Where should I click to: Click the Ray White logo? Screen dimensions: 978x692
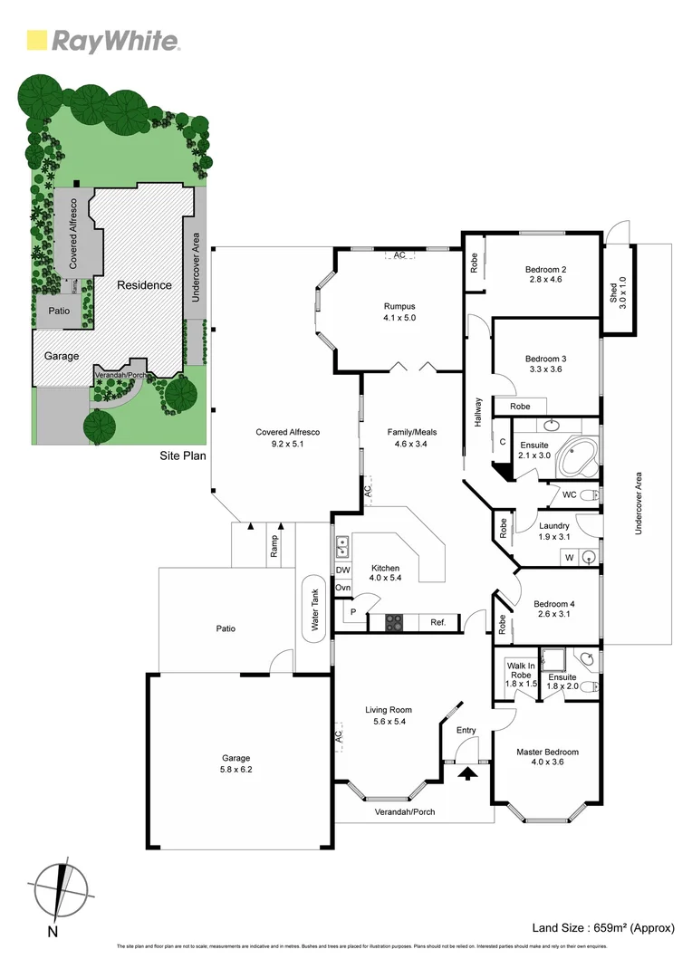[x=102, y=40]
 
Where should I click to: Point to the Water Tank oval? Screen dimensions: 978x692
[x=315, y=608]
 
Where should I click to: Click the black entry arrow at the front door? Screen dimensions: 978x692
[x=467, y=772]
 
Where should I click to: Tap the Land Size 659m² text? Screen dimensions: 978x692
[x=605, y=927]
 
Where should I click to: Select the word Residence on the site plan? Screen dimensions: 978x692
[x=144, y=285]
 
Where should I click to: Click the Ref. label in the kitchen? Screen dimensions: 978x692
[x=437, y=622]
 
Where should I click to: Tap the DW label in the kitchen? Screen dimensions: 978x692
[x=342, y=570]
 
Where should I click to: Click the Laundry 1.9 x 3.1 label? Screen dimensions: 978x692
[x=553, y=531]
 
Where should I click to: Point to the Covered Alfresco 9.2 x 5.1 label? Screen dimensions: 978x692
[x=287, y=438]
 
